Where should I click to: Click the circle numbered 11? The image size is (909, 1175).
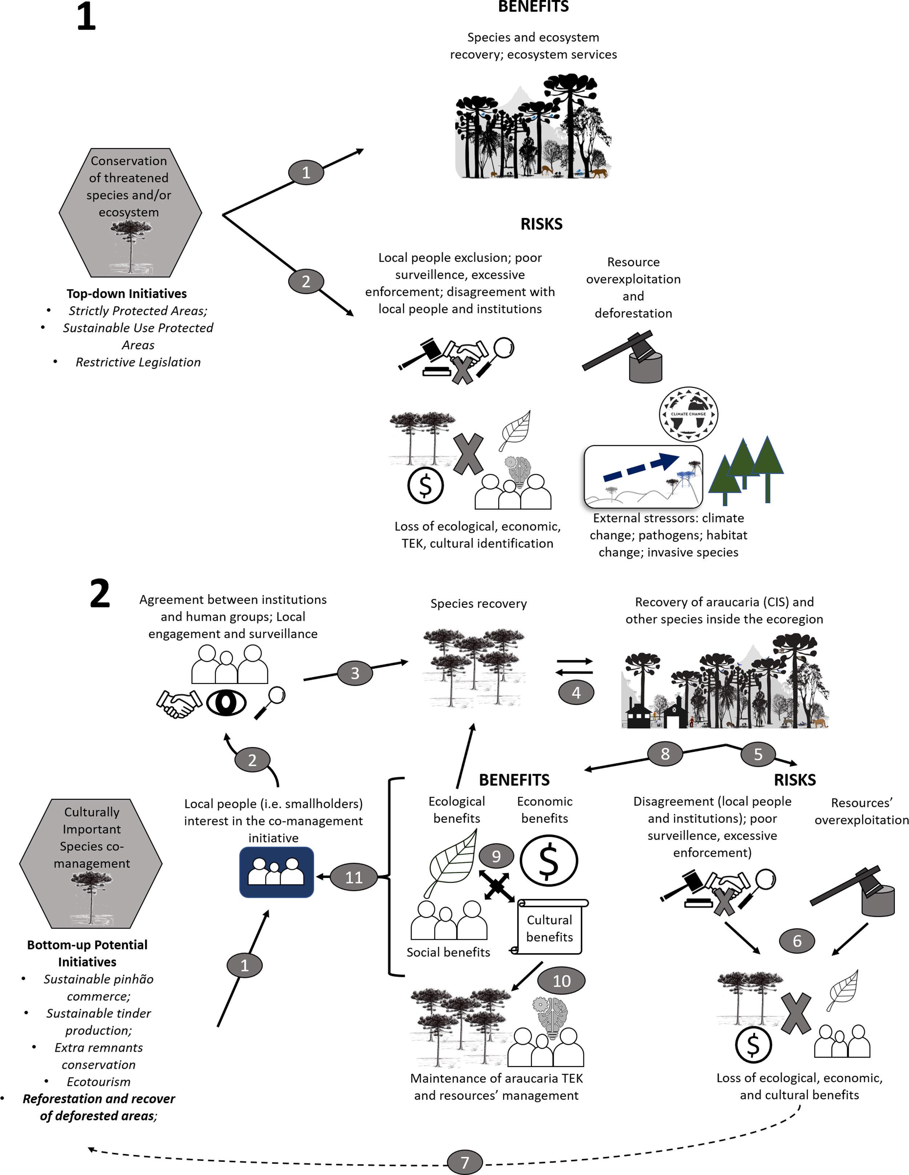[x=353, y=878]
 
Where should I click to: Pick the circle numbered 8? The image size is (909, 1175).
[x=665, y=754]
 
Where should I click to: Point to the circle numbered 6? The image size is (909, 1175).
[x=797, y=941]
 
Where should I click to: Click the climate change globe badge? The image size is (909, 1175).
[x=688, y=414]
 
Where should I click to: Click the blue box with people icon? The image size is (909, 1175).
[x=276, y=872]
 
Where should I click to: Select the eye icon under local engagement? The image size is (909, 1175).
[x=227, y=703]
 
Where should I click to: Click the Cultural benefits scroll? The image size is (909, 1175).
[x=549, y=928]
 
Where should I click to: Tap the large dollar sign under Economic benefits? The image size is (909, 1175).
[x=549, y=860]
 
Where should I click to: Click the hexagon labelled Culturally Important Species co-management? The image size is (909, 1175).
[x=91, y=863]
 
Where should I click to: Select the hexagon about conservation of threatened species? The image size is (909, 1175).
[x=130, y=212]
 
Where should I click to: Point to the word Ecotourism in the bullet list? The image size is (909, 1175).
[x=99, y=1082]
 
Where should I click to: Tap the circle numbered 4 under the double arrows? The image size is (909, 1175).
[x=576, y=692]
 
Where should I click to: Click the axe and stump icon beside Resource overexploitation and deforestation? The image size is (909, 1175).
[x=626, y=358]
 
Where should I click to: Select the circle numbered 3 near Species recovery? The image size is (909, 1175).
[x=355, y=673]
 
